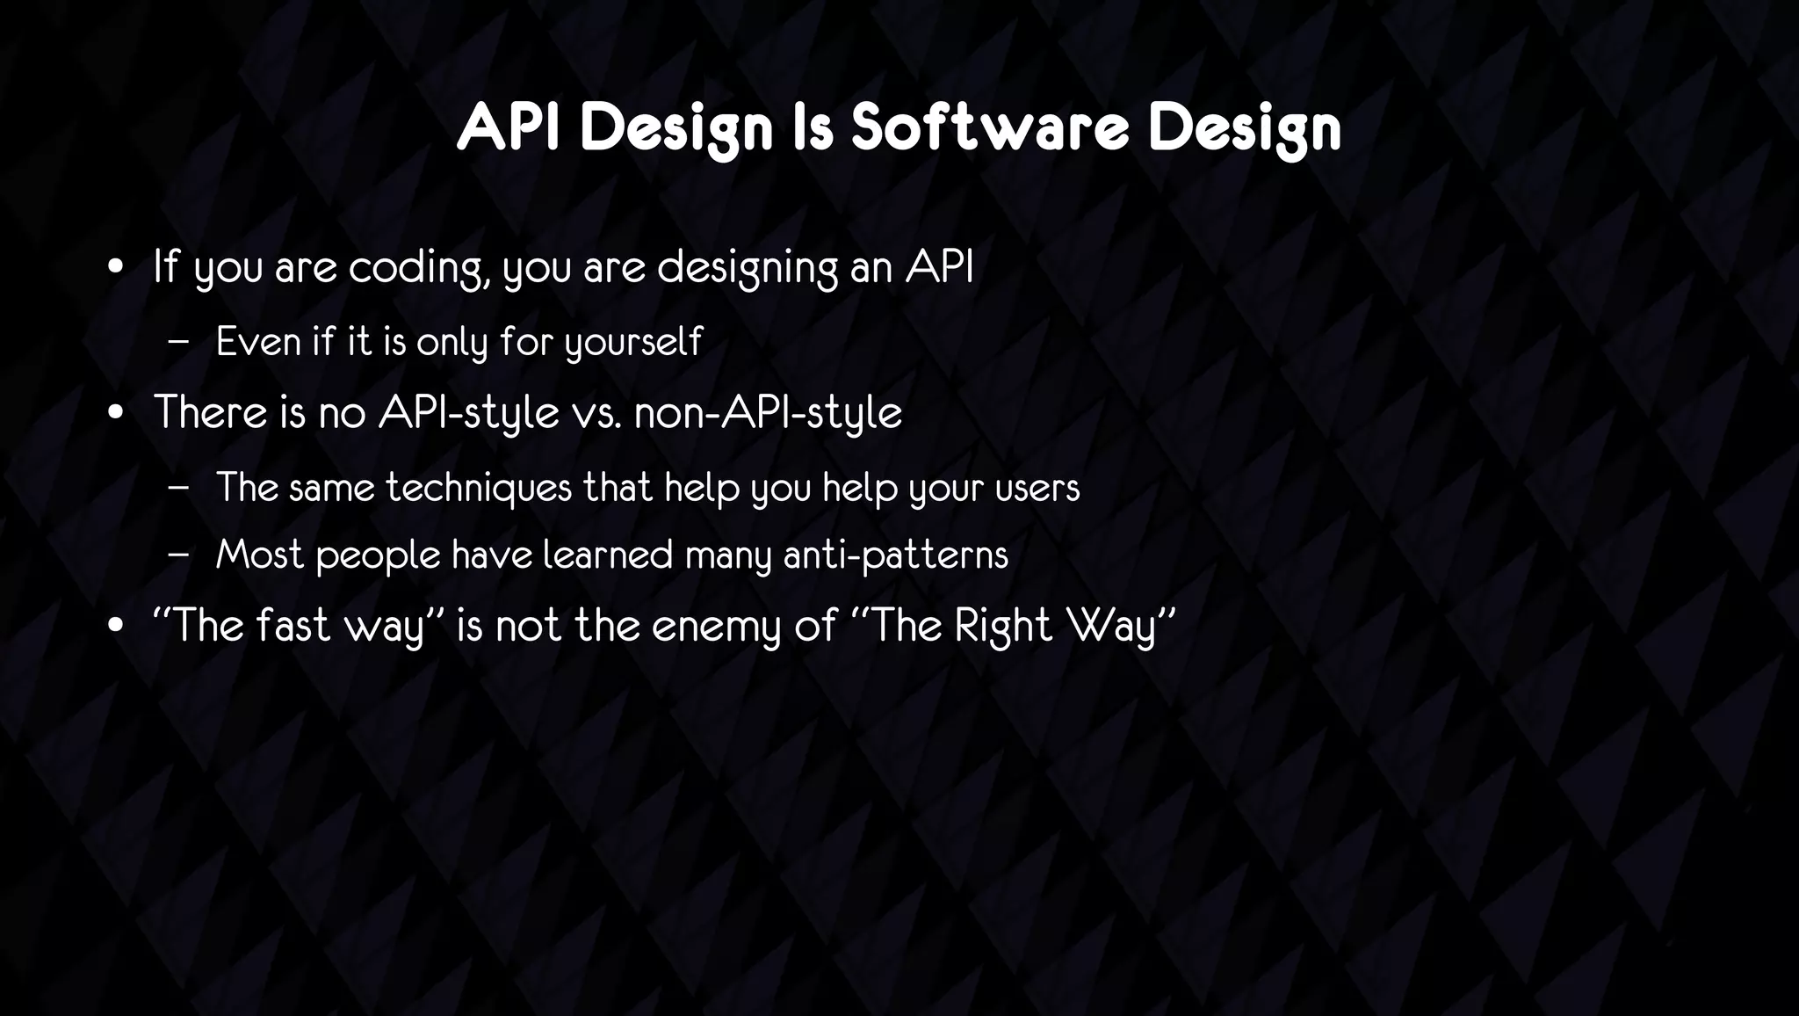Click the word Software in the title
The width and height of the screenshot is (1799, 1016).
pos(989,127)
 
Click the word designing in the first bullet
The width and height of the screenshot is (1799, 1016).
pos(748,267)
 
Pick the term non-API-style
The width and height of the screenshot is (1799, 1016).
pos(768,412)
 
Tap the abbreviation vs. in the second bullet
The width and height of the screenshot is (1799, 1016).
pos(597,412)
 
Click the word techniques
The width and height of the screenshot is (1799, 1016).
pos(479,488)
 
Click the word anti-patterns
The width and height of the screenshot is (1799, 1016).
pos(895,555)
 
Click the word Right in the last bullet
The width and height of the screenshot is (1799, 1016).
pos(1003,627)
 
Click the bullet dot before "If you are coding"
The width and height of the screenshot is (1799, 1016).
pos(115,268)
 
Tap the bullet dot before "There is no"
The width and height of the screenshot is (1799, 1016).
pos(115,413)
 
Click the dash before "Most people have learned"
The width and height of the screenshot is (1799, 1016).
pos(177,555)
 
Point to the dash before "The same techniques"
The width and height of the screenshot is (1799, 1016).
pos(177,488)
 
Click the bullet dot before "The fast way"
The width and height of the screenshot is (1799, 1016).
pos(115,628)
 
